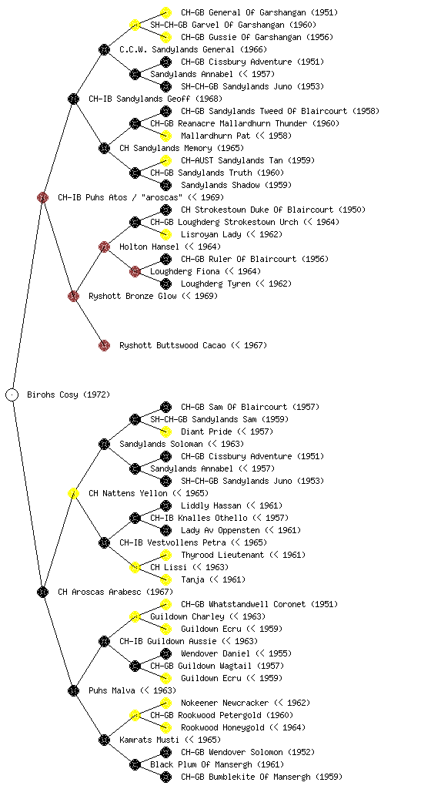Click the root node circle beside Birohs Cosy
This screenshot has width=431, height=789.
(x=12, y=394)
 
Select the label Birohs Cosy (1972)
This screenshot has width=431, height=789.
(x=68, y=394)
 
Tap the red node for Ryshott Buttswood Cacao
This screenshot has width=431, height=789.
(x=104, y=345)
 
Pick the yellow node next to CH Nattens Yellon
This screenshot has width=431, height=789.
(x=73, y=493)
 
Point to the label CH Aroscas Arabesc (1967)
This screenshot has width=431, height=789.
(x=115, y=592)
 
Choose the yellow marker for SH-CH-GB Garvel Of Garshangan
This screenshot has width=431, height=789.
(x=135, y=25)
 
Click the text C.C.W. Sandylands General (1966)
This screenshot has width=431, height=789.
(x=193, y=49)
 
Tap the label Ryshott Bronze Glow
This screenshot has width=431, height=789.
(x=132, y=296)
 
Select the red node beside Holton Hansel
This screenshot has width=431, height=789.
(x=104, y=247)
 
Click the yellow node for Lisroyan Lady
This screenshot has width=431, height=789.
(x=165, y=234)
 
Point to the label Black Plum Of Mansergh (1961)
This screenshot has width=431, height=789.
(x=217, y=764)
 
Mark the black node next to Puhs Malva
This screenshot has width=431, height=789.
(x=73, y=690)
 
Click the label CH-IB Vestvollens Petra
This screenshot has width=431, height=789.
(x=172, y=542)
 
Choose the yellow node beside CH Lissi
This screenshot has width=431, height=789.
(x=135, y=567)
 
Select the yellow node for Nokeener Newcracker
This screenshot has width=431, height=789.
(x=165, y=703)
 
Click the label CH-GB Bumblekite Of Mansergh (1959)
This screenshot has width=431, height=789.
(x=262, y=777)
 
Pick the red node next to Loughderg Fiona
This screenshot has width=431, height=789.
(x=135, y=271)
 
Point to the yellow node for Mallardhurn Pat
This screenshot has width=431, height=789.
(x=165, y=136)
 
